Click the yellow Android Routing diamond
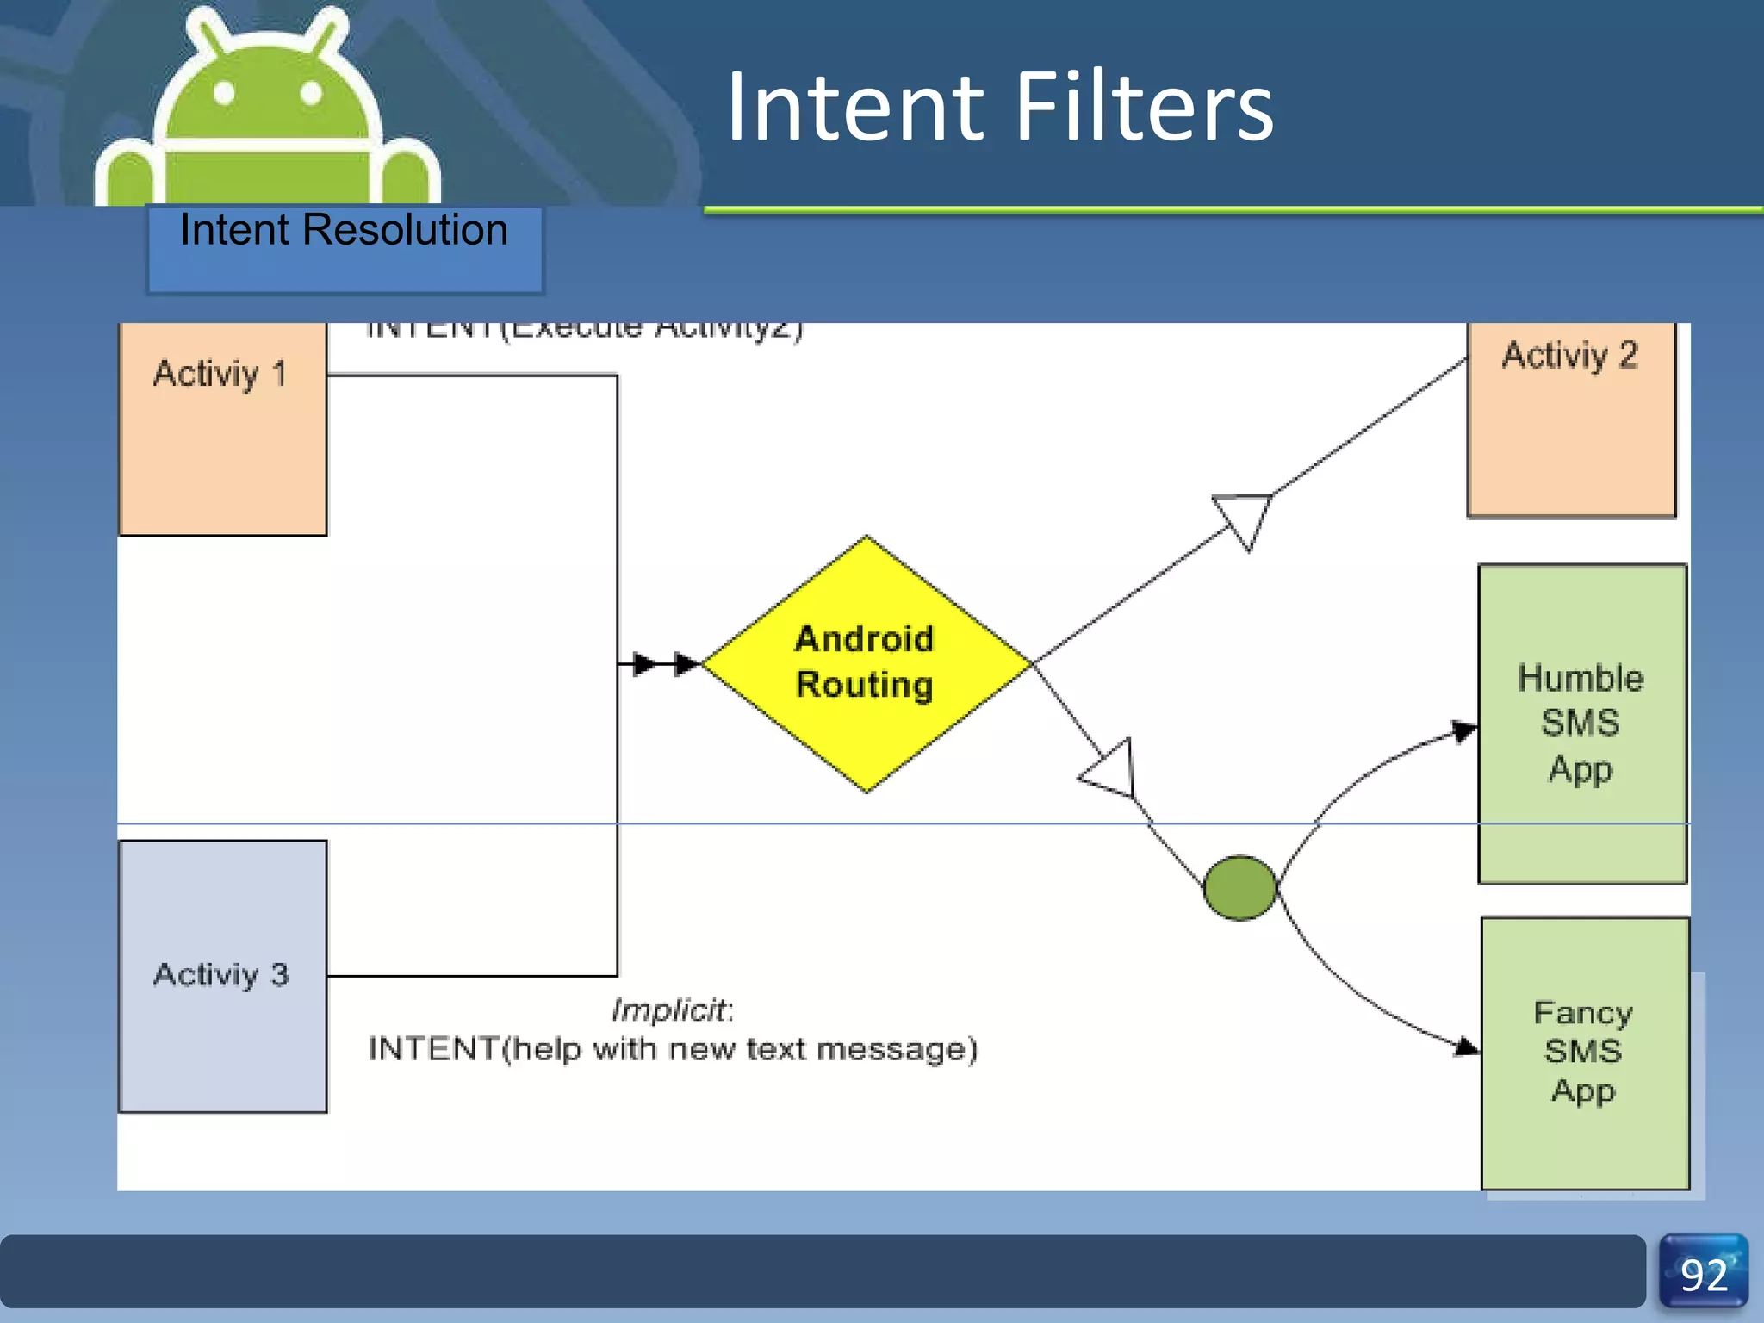coord(866,663)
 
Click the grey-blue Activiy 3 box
coord(222,976)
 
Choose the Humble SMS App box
coord(1581,724)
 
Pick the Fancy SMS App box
coord(1584,1053)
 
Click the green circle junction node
coord(1239,888)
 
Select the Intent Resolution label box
coord(345,248)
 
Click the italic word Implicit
coord(670,1009)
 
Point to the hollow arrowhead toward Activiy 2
coord(1245,517)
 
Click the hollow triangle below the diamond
coord(1112,769)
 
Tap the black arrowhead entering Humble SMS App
coord(1464,731)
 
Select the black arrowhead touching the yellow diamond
coord(686,664)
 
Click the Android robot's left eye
coord(224,93)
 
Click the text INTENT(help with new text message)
coord(672,1050)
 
